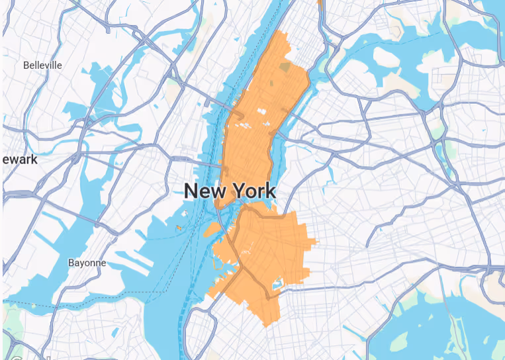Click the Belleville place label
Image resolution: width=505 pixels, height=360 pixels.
[x=42, y=65]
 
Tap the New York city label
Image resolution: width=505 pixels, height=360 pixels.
[x=229, y=191]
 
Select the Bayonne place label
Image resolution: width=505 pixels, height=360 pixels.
[x=87, y=263]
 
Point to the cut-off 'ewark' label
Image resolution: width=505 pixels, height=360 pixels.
[x=19, y=159]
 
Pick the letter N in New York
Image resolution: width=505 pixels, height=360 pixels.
[x=192, y=191]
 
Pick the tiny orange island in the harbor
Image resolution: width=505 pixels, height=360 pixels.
[x=178, y=228]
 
